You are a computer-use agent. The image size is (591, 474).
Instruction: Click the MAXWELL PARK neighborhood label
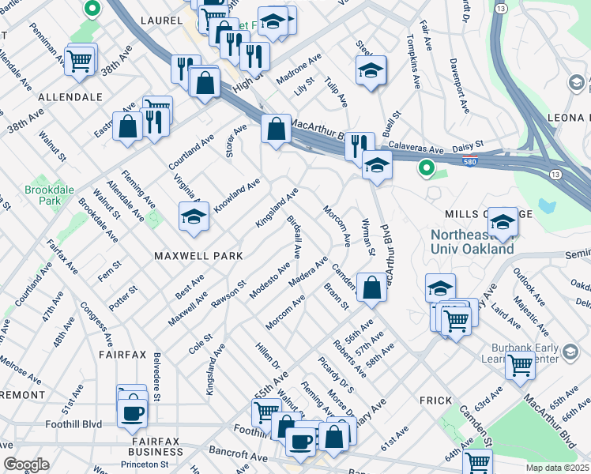(x=198, y=256)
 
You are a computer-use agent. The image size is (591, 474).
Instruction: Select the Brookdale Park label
(x=43, y=195)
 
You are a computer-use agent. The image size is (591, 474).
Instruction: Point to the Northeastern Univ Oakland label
(x=472, y=242)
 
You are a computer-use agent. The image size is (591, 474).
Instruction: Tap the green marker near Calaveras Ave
(x=426, y=167)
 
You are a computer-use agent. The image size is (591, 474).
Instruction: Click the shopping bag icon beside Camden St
(x=371, y=288)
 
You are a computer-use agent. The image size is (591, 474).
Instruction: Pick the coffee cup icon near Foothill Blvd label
(x=132, y=412)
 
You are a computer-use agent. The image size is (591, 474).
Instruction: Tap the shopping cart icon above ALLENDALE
(x=80, y=60)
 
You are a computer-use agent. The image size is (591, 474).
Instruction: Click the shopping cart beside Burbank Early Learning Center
(x=519, y=365)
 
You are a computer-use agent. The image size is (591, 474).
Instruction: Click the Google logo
(x=26, y=465)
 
